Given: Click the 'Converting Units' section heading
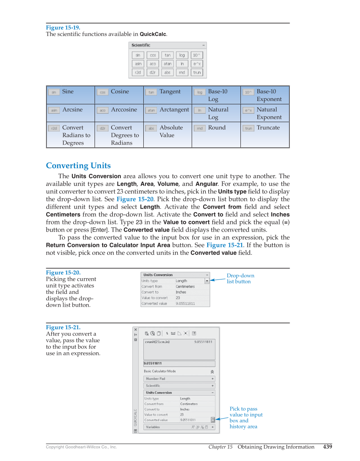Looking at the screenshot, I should point(78,166).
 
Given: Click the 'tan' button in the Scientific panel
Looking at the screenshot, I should point(167,55).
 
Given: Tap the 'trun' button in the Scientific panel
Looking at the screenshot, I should point(197,73).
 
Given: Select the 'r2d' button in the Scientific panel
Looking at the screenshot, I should point(138,73).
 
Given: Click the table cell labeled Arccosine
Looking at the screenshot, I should point(119,113).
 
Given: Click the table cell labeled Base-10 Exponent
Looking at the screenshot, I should point(265,95).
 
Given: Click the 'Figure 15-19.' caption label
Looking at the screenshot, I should point(63,28).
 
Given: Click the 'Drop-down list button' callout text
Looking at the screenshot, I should point(240,278).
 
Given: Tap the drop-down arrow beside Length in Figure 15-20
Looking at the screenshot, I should point(207,281).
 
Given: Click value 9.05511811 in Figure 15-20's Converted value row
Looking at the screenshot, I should point(185,304).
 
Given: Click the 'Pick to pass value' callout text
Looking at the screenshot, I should point(246,418).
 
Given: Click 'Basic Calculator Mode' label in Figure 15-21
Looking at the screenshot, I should point(159,371).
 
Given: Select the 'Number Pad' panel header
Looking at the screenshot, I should point(155,379).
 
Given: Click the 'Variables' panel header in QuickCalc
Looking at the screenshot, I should point(153,427).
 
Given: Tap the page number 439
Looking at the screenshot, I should point(327,447).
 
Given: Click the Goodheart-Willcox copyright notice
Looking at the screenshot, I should point(81,447).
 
